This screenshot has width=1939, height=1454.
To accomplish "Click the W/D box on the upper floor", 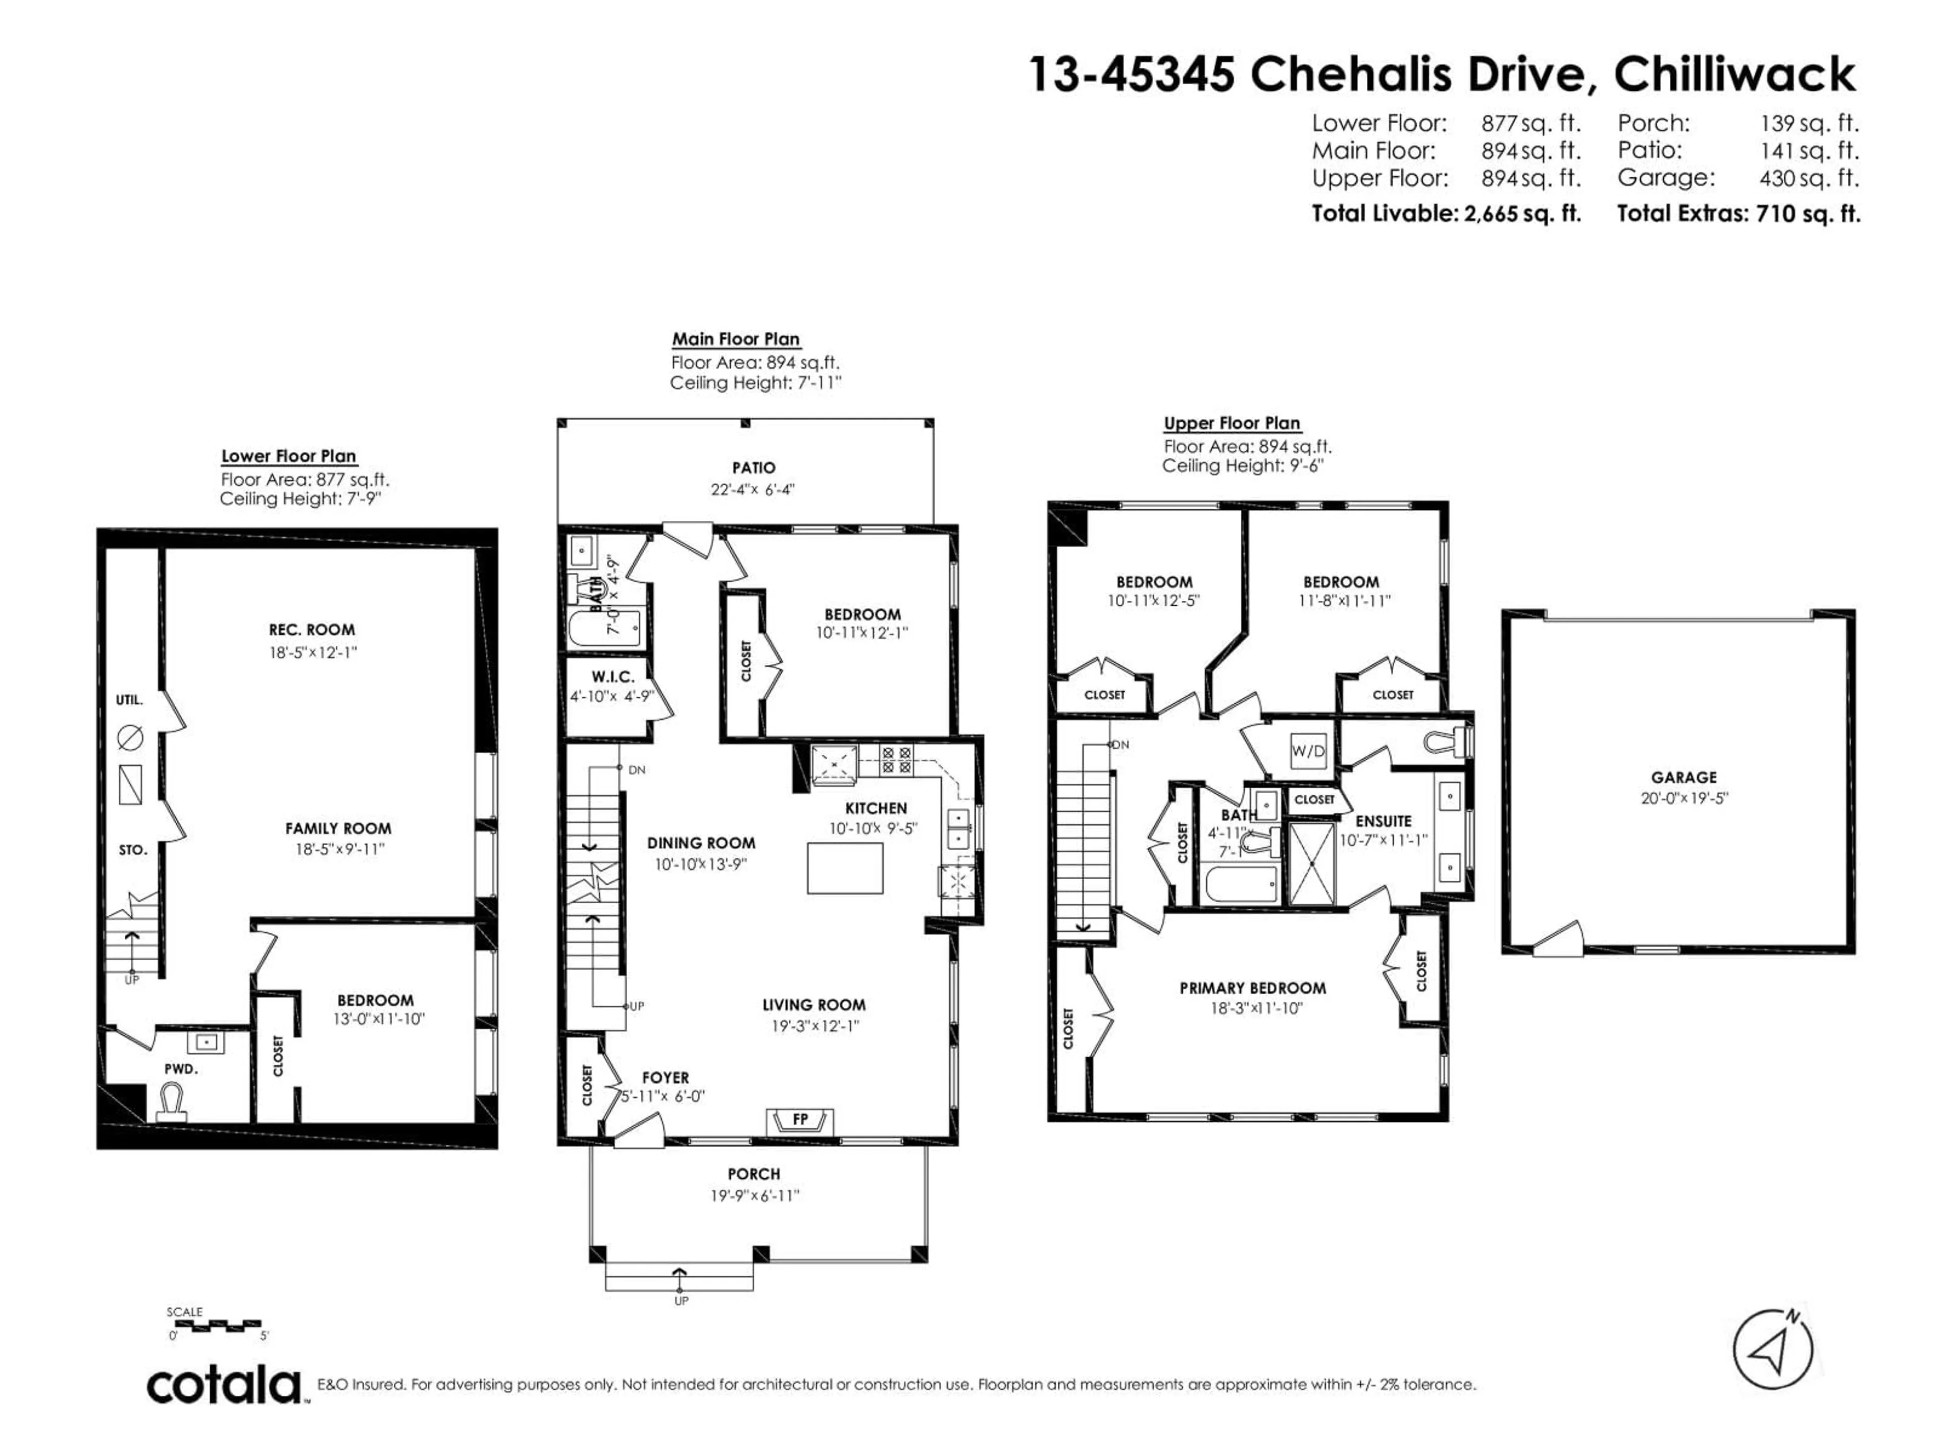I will (1307, 752).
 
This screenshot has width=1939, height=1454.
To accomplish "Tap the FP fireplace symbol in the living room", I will (799, 1120).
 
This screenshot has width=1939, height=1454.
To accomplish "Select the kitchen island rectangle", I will (844, 868).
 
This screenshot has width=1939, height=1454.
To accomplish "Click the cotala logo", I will (224, 1386).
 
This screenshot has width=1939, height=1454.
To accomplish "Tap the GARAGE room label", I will (1683, 777).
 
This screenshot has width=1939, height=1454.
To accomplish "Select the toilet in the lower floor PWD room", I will (171, 1103).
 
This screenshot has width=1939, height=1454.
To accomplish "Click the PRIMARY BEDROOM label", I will (1252, 988).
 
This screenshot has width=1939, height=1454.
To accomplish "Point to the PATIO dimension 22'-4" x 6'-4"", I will (752, 490).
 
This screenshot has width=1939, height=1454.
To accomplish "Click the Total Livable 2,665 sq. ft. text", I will (1446, 213).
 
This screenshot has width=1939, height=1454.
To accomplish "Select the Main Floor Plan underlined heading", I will (735, 339).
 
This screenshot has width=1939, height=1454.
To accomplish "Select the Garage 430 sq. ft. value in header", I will (1808, 178).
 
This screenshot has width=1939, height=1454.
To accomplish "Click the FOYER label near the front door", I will (666, 1077).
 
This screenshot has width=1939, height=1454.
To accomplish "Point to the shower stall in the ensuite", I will (1311, 863).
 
